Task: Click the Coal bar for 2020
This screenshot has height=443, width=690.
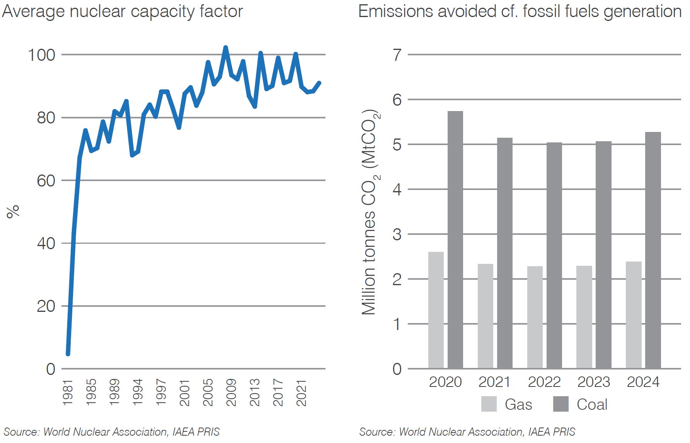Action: click(455, 240)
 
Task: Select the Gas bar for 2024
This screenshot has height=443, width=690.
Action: click(634, 315)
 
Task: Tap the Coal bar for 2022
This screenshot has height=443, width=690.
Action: click(554, 255)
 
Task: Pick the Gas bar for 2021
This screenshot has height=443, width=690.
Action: click(485, 316)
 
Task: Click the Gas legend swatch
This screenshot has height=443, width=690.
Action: click(489, 404)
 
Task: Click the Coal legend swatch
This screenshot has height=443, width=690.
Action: click(561, 404)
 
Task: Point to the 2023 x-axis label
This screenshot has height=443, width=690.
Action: click(593, 382)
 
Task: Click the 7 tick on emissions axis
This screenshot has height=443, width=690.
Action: click(397, 55)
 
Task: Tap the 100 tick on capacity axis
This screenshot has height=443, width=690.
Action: click(41, 55)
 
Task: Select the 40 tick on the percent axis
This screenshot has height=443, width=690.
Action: click(46, 243)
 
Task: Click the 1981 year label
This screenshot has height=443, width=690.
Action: click(68, 393)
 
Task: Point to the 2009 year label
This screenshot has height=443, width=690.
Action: click(231, 393)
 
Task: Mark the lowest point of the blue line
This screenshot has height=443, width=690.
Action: click(68, 354)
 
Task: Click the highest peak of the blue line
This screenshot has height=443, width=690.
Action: click(226, 47)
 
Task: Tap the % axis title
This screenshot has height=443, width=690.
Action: click(13, 212)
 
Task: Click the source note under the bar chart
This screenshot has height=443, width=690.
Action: click(467, 432)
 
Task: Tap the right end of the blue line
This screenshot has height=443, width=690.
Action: click(319, 83)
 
